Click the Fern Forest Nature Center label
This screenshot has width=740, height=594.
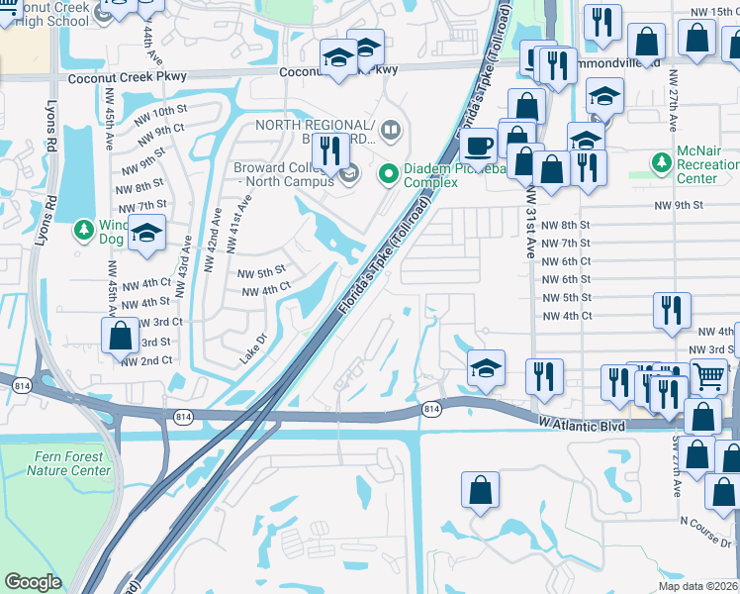click(68, 463)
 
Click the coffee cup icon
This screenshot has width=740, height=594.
click(480, 146)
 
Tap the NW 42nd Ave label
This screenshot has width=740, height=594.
click(211, 240)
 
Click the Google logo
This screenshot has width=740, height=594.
click(32, 583)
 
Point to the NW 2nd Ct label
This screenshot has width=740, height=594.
click(146, 361)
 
